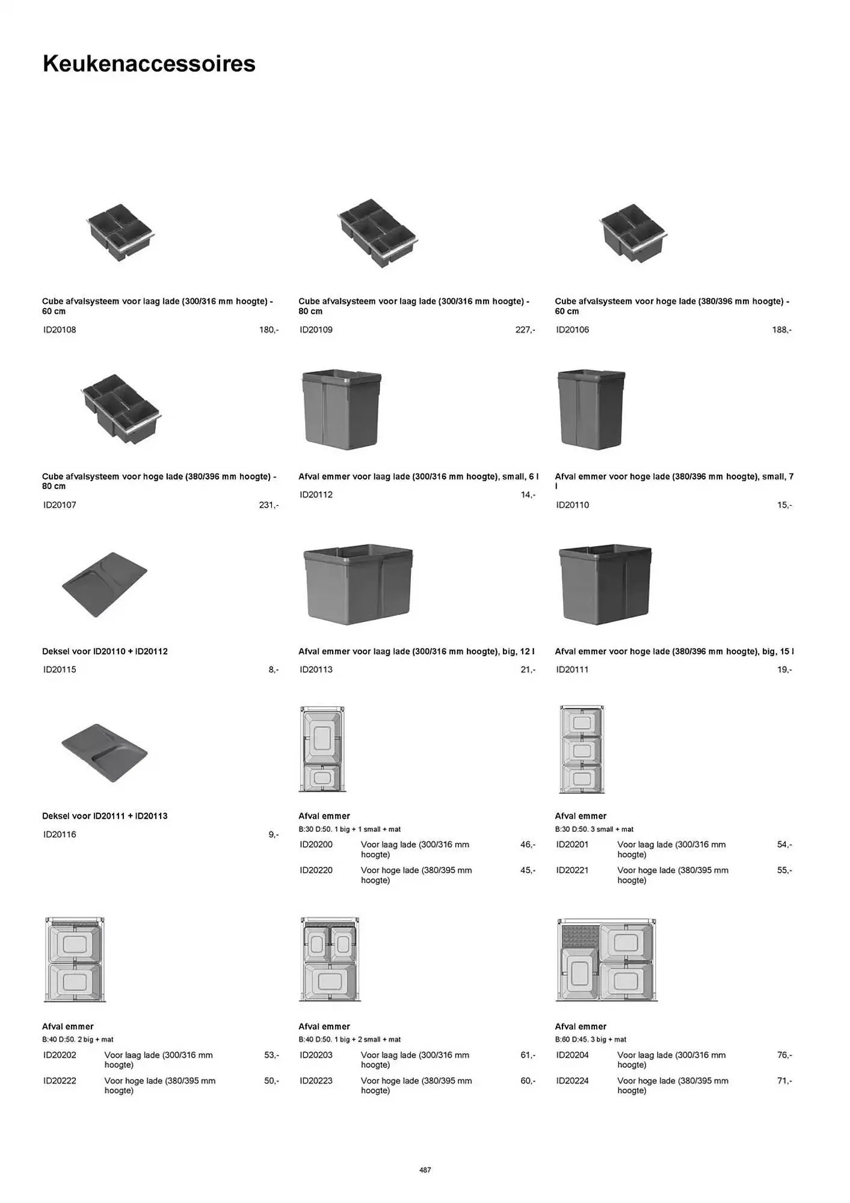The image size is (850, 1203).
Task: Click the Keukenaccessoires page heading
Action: click(149, 64)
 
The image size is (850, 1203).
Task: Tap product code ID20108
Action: click(60, 330)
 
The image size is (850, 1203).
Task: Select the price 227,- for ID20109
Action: click(525, 330)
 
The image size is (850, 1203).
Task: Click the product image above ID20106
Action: click(633, 233)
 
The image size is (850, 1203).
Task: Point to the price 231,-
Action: click(268, 505)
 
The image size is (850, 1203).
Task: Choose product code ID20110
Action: click(572, 505)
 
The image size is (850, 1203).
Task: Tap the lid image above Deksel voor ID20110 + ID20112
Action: click(105, 584)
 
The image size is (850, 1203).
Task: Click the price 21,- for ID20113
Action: click(528, 669)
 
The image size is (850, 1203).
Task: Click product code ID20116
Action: click(60, 834)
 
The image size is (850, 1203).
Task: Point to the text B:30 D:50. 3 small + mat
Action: click(594, 829)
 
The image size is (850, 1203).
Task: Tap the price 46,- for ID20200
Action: click(528, 845)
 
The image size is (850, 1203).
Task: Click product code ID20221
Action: click(572, 870)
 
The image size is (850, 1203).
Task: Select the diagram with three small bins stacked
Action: click(581, 749)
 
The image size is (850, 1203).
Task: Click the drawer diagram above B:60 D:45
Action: click(606, 960)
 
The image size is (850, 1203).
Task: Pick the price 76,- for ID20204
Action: click(784, 1055)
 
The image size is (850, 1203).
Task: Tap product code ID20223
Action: click(316, 1081)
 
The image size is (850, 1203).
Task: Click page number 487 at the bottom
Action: click(425, 1170)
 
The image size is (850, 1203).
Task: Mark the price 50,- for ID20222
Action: click(271, 1081)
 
